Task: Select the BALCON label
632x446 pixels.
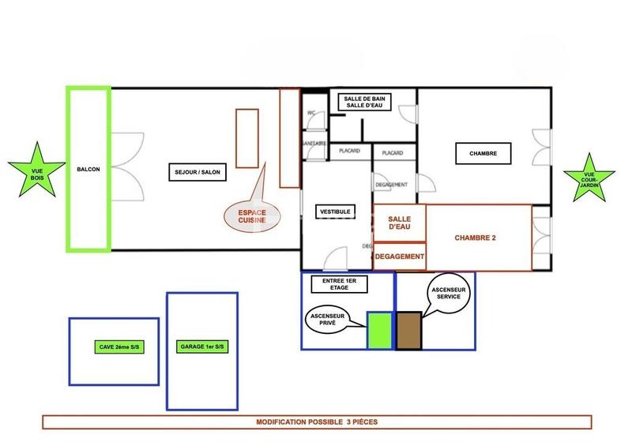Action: (88, 169)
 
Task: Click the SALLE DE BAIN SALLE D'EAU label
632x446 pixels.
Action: (364, 102)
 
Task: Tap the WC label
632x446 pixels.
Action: (311, 113)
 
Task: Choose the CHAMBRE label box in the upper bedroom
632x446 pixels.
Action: (483, 153)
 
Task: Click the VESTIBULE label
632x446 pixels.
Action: (335, 212)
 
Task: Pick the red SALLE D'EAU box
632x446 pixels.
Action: (400, 223)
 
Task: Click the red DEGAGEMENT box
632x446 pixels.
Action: (400, 257)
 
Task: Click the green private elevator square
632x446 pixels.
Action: (380, 330)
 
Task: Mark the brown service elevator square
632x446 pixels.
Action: (408, 330)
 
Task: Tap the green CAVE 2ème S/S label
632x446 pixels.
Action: (113, 347)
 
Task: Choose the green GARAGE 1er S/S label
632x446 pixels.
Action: (201, 347)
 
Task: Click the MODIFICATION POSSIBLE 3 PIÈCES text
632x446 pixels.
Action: (317, 422)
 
